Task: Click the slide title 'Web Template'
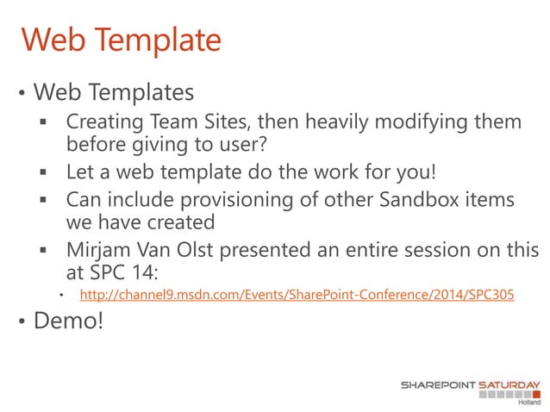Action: pos(121,40)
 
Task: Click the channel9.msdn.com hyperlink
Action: pos(297,295)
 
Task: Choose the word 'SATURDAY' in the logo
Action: pos(508,385)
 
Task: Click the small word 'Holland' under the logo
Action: pos(528,403)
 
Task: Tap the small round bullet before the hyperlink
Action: pos(61,296)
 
